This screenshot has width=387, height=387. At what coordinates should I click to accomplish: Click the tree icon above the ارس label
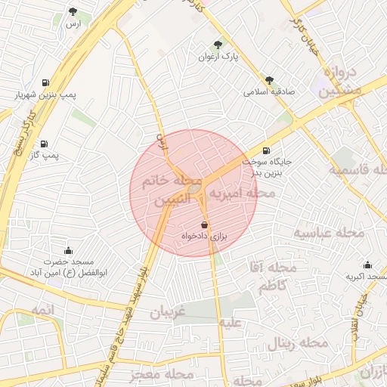click(73, 11)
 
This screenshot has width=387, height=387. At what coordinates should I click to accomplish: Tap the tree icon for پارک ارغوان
click(218, 45)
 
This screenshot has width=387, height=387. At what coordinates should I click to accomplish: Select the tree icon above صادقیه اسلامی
click(269, 79)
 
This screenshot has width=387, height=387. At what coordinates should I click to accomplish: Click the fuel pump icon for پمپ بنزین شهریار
click(47, 82)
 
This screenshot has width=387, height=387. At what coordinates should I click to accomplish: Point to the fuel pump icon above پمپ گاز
click(43, 142)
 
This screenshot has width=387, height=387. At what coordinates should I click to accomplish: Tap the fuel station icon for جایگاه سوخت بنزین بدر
click(266, 150)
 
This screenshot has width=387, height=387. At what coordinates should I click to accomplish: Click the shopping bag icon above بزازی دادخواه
click(204, 225)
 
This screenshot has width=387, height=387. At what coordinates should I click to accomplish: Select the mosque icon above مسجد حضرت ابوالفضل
click(69, 250)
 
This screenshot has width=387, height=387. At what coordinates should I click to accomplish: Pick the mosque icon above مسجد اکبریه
click(367, 265)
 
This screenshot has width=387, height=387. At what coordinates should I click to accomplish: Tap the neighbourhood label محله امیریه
click(242, 194)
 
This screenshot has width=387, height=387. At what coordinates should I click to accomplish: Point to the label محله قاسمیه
click(358, 170)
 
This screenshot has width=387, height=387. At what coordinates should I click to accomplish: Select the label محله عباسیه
click(330, 232)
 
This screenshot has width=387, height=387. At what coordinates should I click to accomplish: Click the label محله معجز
click(161, 373)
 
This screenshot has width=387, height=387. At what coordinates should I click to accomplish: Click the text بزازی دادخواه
click(204, 237)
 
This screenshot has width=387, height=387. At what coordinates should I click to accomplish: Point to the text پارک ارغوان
click(218, 57)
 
